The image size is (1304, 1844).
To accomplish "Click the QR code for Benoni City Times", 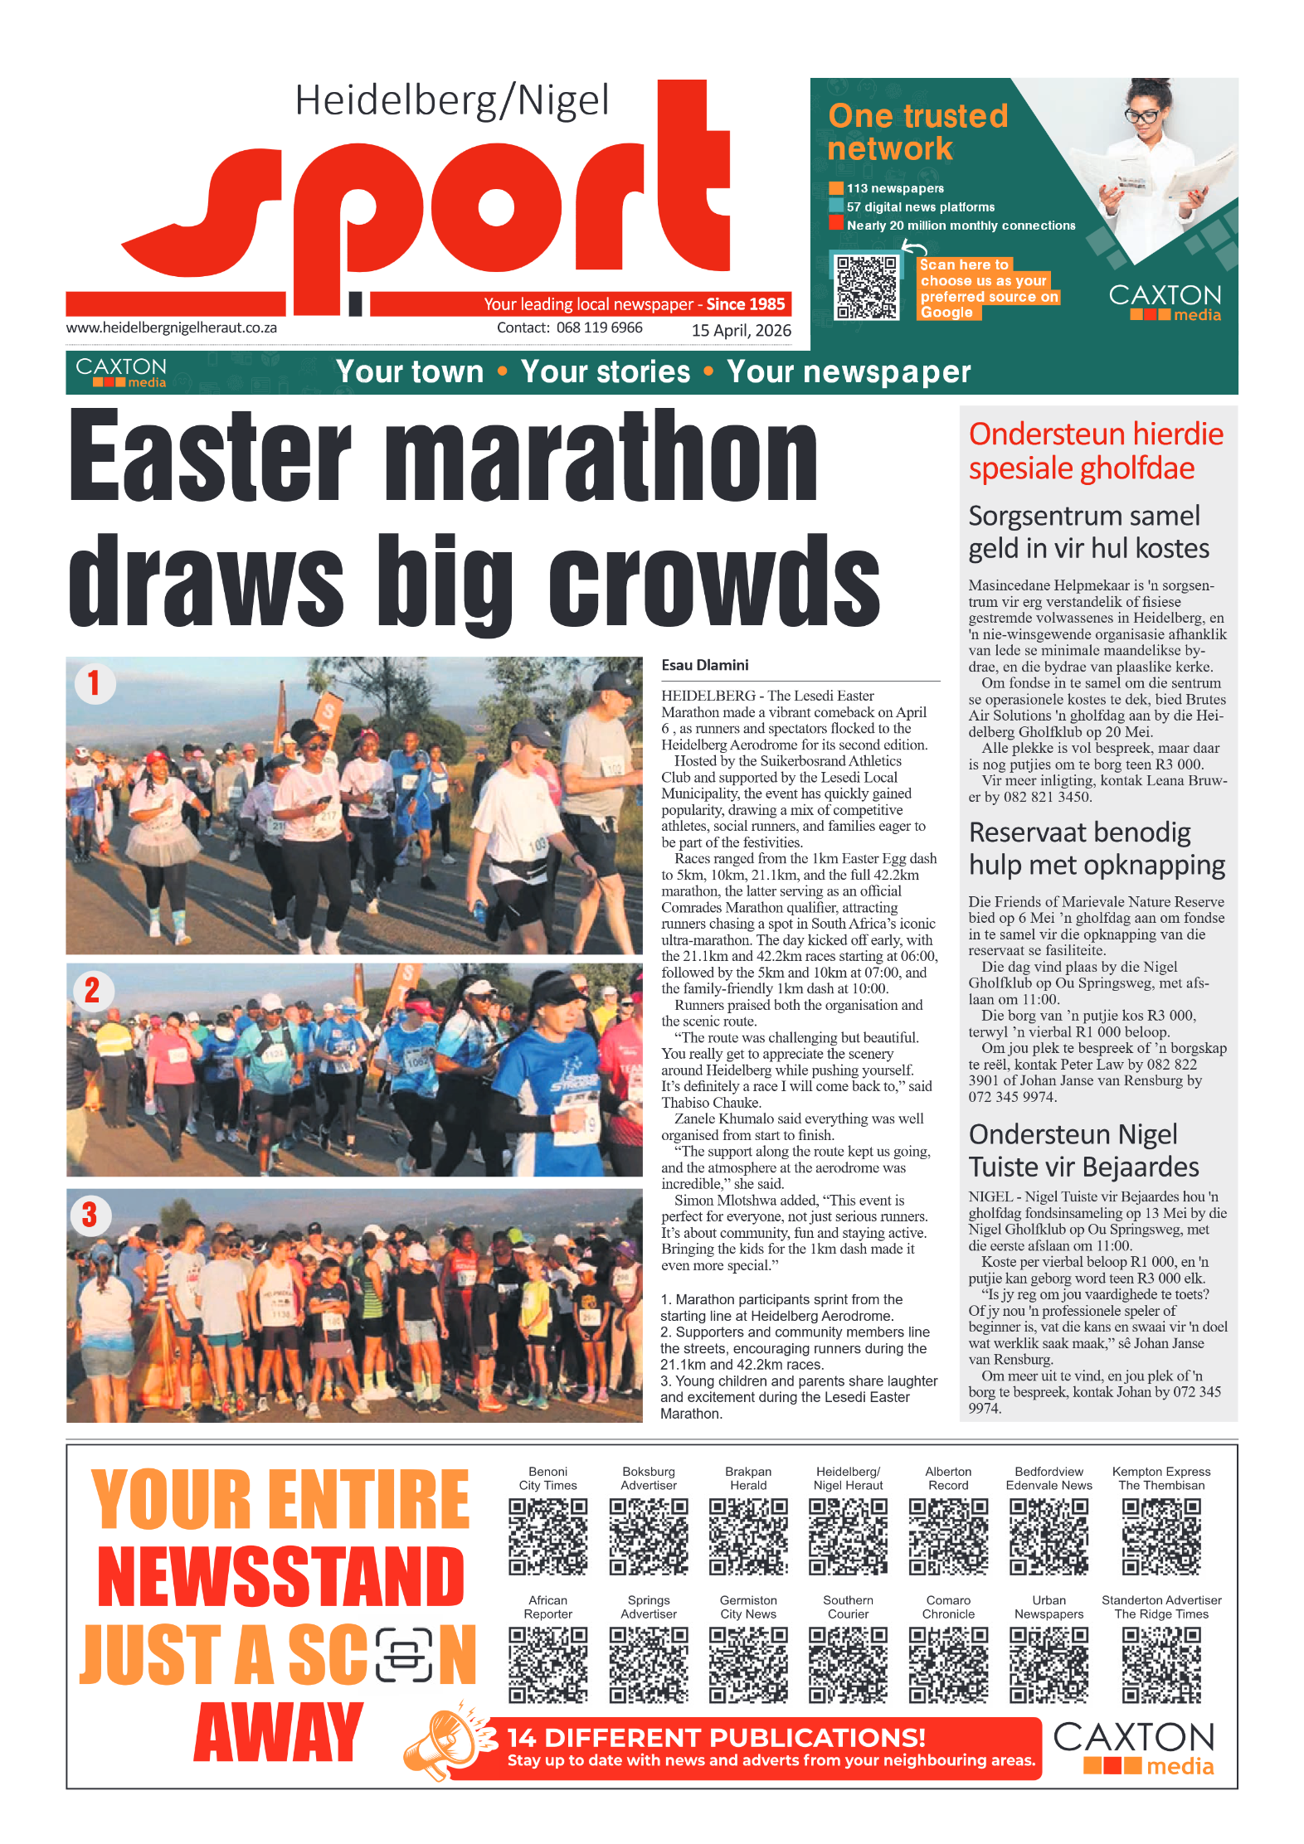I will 547,1536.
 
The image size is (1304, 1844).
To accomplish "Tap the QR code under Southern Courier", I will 848,1664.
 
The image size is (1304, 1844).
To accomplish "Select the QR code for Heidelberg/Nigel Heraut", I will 848,1536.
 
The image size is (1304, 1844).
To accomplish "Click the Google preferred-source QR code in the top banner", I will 867,287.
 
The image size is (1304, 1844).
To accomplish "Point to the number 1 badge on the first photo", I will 94,683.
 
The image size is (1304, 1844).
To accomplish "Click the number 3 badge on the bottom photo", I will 90,1215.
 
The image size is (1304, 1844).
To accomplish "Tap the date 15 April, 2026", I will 741,330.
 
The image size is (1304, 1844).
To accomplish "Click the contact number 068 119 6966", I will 599,328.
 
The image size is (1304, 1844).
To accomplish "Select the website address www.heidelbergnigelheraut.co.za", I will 172,328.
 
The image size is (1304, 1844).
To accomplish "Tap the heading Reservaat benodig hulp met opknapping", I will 1096,848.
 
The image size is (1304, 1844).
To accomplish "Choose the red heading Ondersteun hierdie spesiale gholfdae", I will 1095,451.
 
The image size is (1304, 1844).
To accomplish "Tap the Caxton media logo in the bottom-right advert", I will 1133,1748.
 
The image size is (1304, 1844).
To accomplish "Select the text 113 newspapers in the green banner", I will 894,188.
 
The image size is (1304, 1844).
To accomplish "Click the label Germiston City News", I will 748,1607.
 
